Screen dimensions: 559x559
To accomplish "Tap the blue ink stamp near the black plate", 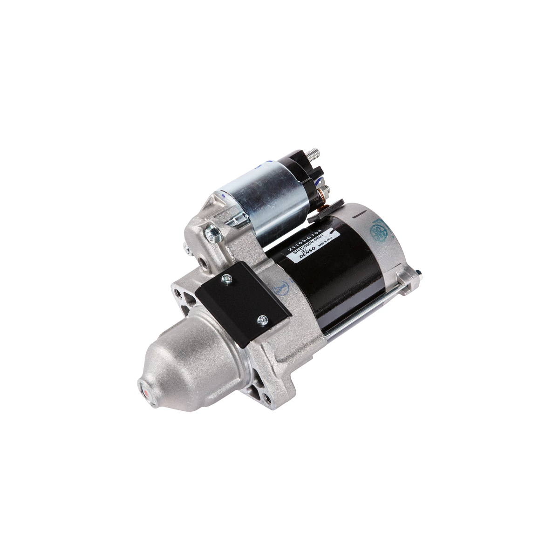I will [x=280, y=289].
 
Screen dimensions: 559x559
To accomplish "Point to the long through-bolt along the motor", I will [x=368, y=307].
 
